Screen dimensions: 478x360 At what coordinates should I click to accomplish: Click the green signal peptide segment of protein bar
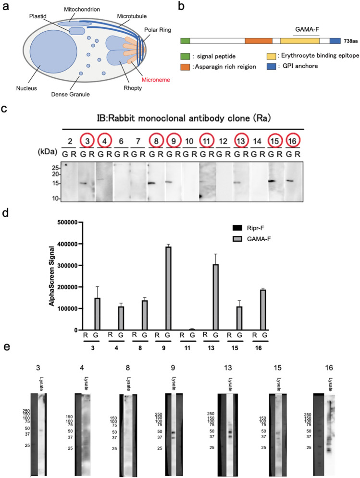pos(185,41)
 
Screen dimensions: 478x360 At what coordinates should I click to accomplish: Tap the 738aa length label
pos(350,42)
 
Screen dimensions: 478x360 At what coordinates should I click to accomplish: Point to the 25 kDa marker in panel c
pos(56,169)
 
